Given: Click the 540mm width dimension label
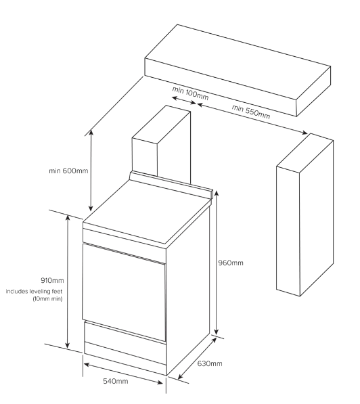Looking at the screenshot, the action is [116, 381].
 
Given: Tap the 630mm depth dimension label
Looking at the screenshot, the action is [210, 363].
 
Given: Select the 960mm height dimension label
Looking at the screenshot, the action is [231, 263].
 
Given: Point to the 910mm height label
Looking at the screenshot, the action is [52, 280].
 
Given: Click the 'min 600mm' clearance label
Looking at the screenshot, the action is [68, 171].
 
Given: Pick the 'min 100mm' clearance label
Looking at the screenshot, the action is [190, 93].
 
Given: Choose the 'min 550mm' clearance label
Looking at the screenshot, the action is [251, 112].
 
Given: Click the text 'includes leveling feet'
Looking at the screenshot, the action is [34, 292].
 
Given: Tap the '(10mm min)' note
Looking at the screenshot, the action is [47, 299].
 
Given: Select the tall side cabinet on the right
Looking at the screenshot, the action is [305, 215].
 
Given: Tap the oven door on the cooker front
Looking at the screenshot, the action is [124, 291].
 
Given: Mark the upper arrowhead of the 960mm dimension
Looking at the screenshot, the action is [217, 193].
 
